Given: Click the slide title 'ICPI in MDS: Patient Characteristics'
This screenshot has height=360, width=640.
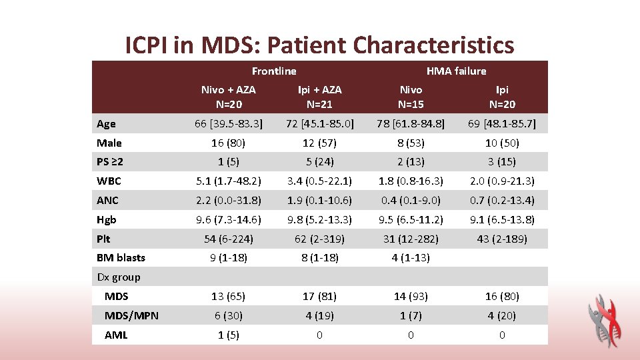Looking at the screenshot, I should coord(320,45).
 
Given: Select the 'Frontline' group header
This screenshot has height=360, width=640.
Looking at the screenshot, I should coord(274,71).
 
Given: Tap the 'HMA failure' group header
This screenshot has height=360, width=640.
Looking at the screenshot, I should coord(456,71).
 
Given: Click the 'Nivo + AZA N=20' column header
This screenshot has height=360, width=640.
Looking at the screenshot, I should coord(229,97).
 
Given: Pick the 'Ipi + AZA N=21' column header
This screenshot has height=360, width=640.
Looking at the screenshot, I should coord(319,97).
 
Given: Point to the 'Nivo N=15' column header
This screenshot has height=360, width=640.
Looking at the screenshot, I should coord(411,97).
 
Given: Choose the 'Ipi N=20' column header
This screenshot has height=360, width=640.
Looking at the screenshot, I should coord(502,97).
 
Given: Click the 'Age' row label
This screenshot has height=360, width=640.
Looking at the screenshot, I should coord(106,123).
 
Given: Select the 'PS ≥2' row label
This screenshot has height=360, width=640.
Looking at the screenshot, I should coord(110,162).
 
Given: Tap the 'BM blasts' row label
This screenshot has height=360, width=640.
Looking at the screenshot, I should coord(121,257).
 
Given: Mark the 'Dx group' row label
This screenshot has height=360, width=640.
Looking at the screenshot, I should coord(119,277).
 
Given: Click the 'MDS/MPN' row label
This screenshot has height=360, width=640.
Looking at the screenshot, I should coord(131,315).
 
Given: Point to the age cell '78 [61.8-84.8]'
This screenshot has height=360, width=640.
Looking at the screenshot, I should coord(411,123).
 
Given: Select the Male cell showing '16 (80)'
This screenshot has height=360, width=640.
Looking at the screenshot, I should coord(229,143).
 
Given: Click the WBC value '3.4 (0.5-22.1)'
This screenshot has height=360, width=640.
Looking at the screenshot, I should coord(319,181).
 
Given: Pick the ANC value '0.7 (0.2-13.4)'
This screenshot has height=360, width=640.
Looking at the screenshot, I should coord(502,200).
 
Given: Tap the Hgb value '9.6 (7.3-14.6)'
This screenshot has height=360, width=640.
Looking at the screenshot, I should coord(229,219).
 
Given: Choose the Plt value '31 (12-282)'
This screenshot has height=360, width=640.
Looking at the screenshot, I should coord(411,239).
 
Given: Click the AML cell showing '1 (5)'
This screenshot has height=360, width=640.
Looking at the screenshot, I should coord(229,335).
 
